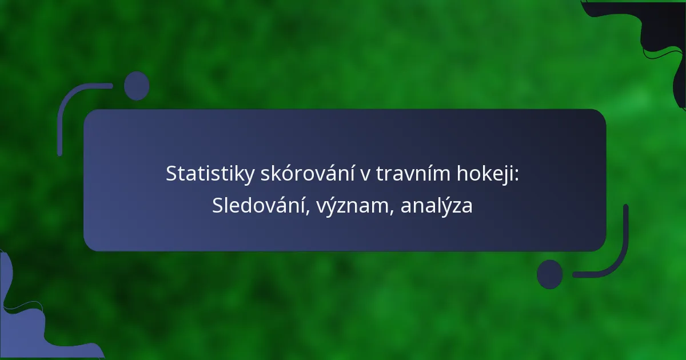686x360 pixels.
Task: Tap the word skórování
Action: pyautogui.click(x=307, y=173)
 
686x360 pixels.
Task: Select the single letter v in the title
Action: pyautogui.click(x=365, y=175)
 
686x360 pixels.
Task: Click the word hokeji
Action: pyautogui.click(x=485, y=174)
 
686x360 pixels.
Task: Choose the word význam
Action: pyautogui.click(x=351, y=207)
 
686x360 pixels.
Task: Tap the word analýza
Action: pyautogui.click(x=436, y=207)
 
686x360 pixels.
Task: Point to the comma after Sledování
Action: pyautogui.click(x=308, y=212)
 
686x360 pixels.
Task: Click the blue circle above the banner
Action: pyautogui.click(x=137, y=86)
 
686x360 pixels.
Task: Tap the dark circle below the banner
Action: pyautogui.click(x=550, y=274)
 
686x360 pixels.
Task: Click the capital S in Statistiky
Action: pyautogui.click(x=171, y=174)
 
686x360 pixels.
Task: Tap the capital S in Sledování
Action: pyautogui.click(x=218, y=206)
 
